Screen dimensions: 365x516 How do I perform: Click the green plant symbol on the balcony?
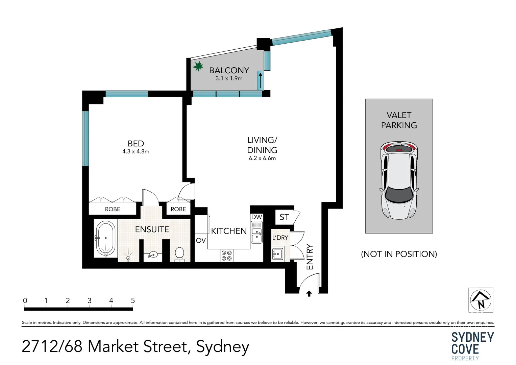click(x=198, y=66)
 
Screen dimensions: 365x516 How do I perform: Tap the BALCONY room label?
click(x=229, y=70)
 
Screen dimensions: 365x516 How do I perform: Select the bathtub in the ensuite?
click(x=105, y=239)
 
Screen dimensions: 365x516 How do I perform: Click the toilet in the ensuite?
click(x=179, y=254)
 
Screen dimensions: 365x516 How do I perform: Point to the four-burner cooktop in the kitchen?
click(x=226, y=255)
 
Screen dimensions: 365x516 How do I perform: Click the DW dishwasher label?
click(x=256, y=217)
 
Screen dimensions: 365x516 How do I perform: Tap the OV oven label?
click(x=201, y=240)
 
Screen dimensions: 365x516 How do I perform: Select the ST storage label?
click(x=284, y=217)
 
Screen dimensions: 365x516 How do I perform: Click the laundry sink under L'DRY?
click(x=278, y=253)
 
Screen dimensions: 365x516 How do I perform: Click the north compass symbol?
click(x=481, y=300)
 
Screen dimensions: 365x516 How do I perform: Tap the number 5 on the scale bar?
click(x=133, y=300)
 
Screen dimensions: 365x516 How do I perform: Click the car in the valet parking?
click(x=399, y=180)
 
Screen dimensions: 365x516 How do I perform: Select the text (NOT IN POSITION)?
click(x=399, y=254)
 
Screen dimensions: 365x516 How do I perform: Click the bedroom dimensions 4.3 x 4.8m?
click(x=136, y=152)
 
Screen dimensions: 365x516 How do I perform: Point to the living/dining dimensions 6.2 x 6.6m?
click(x=262, y=158)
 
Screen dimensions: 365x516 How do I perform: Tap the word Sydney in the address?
click(x=222, y=347)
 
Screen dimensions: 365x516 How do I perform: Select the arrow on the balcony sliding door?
click(x=260, y=80)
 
